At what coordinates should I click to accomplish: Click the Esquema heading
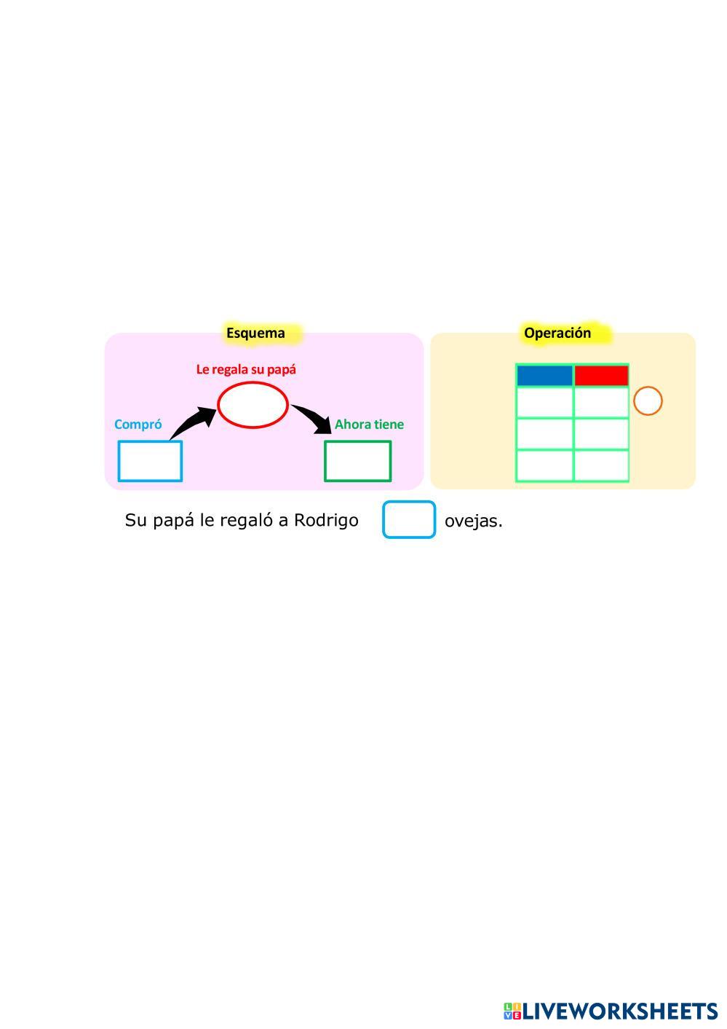pos(255,334)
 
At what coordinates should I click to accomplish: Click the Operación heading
pos(557,333)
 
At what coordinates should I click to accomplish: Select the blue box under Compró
pos(150,461)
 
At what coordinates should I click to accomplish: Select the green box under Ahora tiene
pos(357,461)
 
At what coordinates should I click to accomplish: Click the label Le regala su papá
pos(246,369)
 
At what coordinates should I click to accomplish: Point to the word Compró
pos(138,425)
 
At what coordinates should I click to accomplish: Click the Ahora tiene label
pos(369,425)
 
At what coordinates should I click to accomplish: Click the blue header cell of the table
pos(544,376)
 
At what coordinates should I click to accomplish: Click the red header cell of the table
pos(601,376)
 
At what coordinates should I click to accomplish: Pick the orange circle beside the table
pos(648,401)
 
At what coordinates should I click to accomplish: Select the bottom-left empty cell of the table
pos(544,466)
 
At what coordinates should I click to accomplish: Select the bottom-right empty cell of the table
pos(601,466)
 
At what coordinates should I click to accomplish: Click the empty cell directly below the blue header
pos(544,402)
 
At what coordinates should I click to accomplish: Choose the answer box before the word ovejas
pos(409,520)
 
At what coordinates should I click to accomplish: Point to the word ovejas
pos(473,521)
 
